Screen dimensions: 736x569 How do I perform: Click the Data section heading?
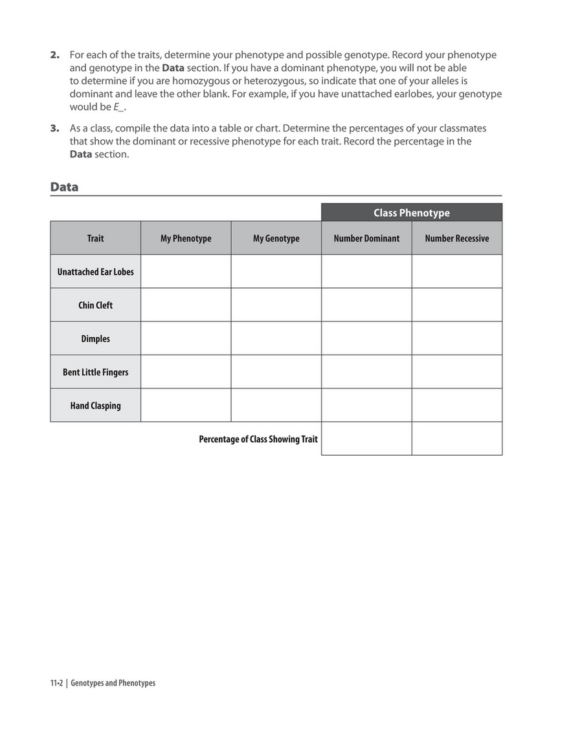[x=64, y=187]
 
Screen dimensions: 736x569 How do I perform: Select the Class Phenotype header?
[x=411, y=213]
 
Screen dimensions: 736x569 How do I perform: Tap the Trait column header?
[x=95, y=238]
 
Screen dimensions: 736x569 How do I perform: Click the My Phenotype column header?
[x=186, y=238]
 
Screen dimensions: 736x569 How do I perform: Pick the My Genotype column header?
[x=276, y=238]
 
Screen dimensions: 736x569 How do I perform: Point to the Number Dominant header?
[x=366, y=238]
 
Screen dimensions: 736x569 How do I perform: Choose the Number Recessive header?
[x=456, y=238]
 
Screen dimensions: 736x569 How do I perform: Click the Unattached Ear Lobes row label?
[x=95, y=272]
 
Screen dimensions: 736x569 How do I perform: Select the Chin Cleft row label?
[x=95, y=305]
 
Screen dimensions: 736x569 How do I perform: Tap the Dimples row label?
[x=95, y=339]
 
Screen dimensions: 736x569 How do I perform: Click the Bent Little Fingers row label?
[x=95, y=372]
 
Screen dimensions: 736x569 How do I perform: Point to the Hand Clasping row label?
[x=95, y=406]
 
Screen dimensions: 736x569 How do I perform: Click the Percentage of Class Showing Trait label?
[x=258, y=439]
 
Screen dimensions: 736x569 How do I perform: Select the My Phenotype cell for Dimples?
[x=186, y=339]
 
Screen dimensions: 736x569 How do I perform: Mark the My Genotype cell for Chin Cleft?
[x=276, y=305]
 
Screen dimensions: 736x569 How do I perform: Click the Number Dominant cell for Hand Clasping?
[x=366, y=406]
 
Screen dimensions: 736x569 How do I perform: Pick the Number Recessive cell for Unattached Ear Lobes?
[x=456, y=272]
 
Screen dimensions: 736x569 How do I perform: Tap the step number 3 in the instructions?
[x=54, y=128]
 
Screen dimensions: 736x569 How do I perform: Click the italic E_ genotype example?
[x=119, y=107]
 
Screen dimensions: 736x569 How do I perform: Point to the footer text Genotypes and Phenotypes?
[x=113, y=683]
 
